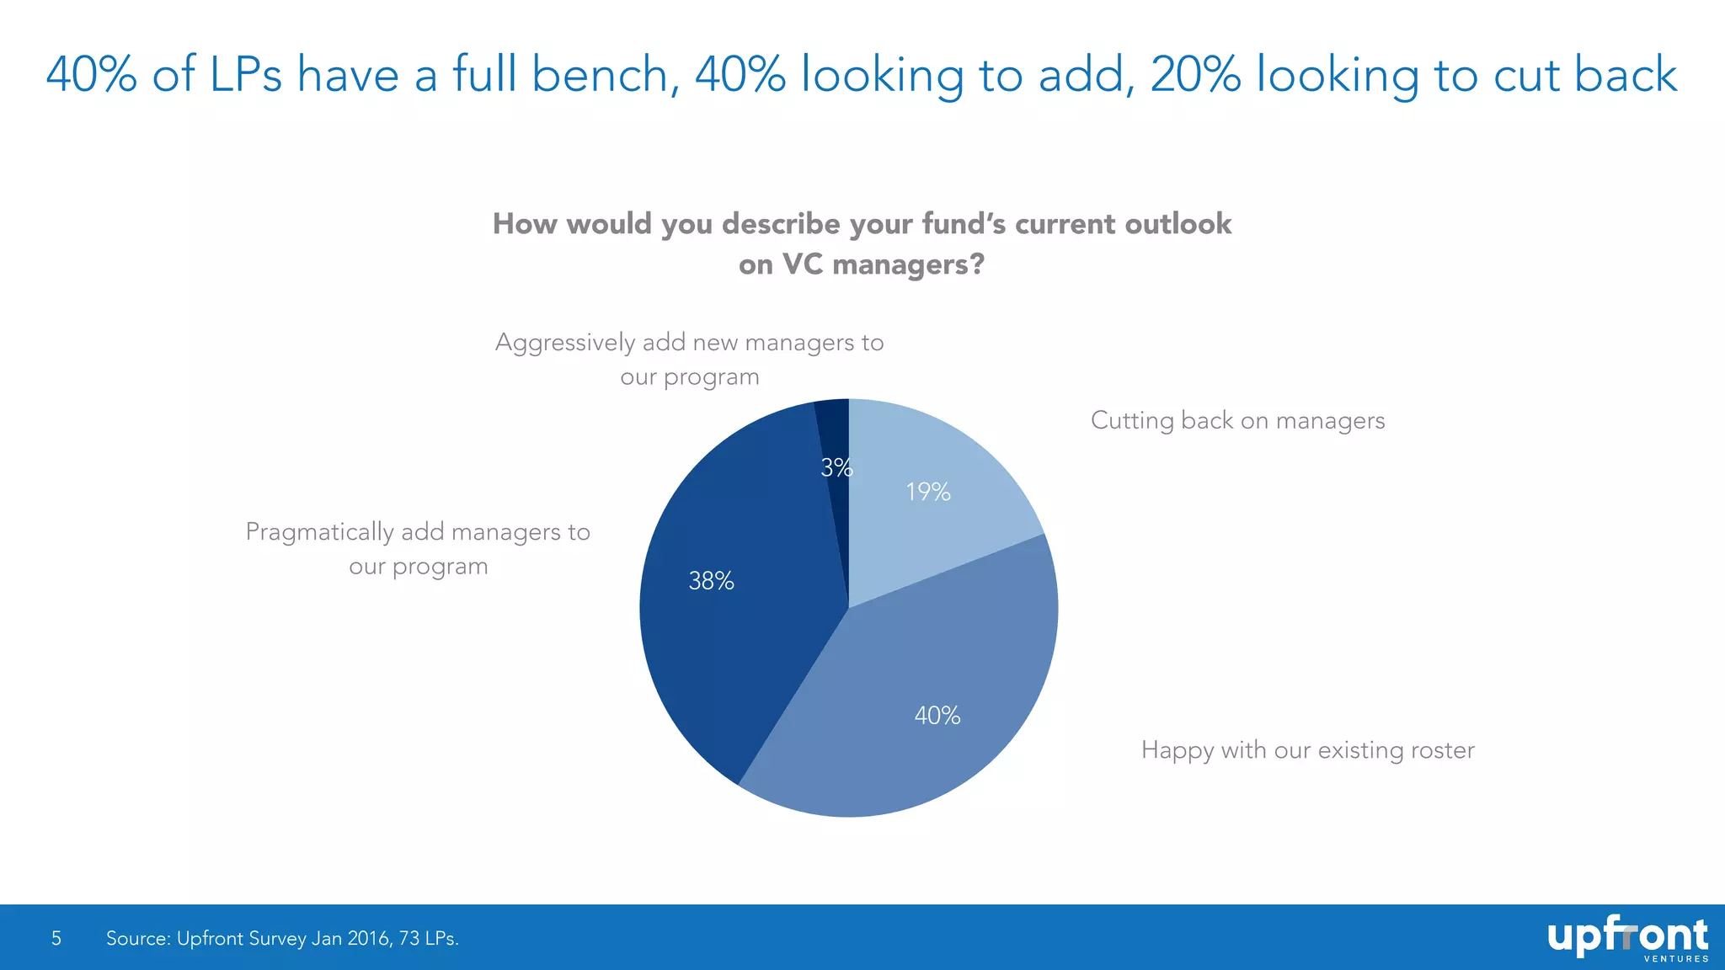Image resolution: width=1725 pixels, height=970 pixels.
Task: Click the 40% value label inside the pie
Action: coord(937,716)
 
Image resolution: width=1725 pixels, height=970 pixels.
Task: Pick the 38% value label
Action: coord(711,581)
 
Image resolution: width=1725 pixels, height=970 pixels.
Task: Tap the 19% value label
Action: coord(927,492)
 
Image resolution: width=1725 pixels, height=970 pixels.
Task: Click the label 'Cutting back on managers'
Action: coord(1236,420)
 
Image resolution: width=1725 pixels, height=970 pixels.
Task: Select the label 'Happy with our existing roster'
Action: coord(1307,750)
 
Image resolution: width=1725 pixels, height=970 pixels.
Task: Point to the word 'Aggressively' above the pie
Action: coord(564,343)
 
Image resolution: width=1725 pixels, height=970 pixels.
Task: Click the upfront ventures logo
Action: coord(1626,938)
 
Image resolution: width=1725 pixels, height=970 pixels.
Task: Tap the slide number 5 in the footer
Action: coord(56,938)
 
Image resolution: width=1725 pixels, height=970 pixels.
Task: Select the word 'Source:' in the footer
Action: coord(137,938)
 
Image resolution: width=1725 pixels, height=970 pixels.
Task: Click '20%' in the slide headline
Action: coord(1195,74)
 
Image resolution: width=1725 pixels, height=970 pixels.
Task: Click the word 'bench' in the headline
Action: coord(600,74)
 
